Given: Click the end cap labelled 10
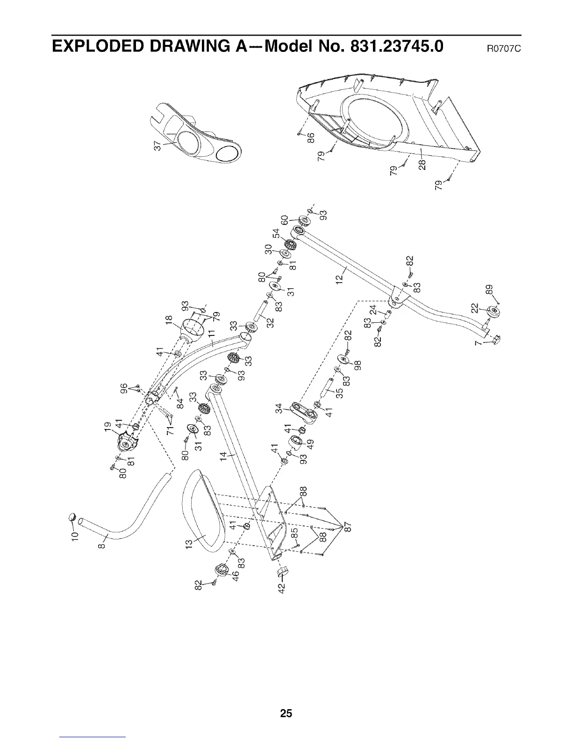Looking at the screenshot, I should [x=72, y=517].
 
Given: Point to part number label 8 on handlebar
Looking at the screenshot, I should [x=104, y=545].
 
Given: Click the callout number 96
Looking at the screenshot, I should [x=124, y=389].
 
